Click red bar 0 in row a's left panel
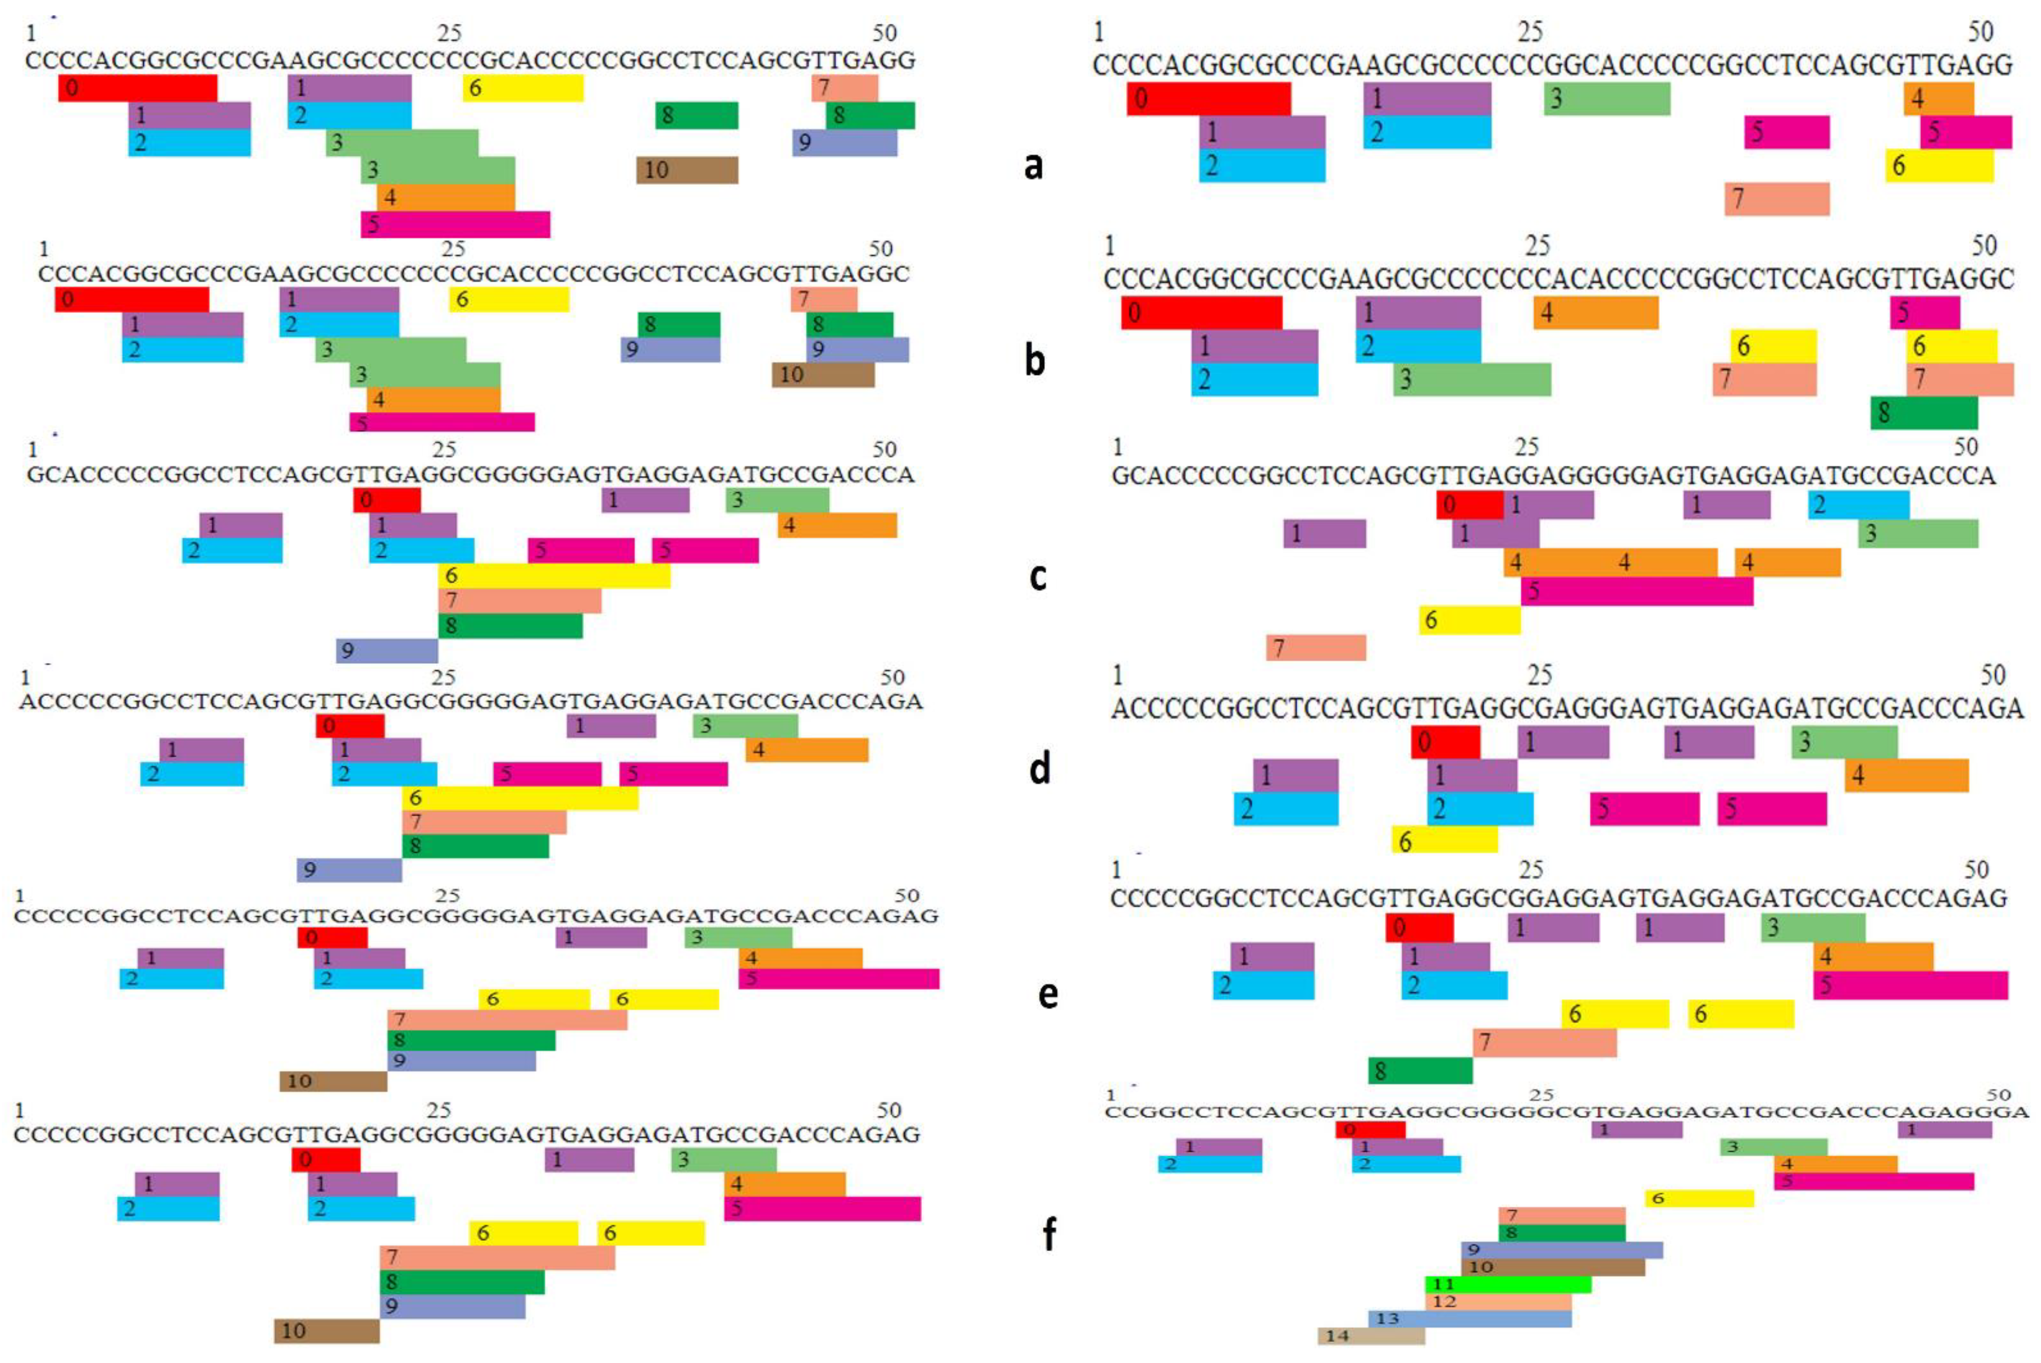coord(137,88)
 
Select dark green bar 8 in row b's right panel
coord(1924,413)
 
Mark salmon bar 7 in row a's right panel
coord(1777,199)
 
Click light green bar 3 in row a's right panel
coord(1606,99)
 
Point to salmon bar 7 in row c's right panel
coord(1315,648)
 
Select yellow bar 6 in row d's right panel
coord(1444,840)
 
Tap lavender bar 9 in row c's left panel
coord(387,651)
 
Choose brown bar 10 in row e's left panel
coord(333,1082)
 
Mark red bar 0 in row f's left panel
coord(326,1160)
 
